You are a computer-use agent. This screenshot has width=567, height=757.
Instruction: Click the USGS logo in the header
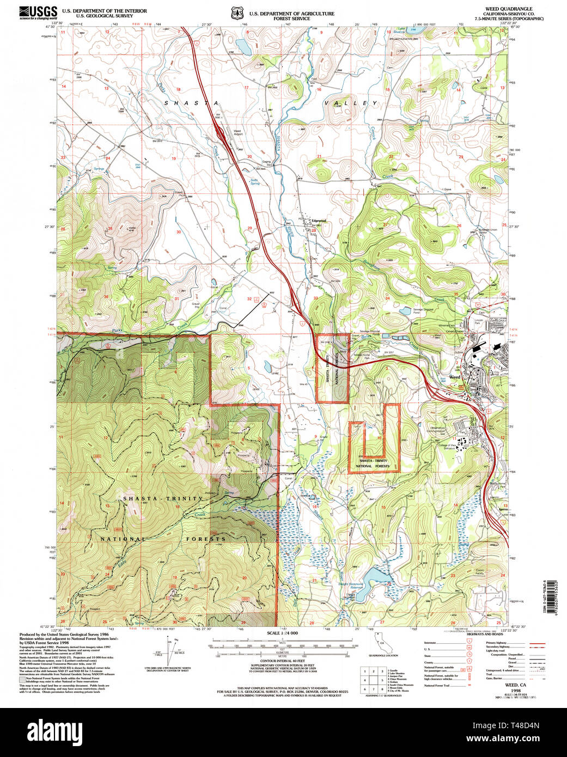(38, 13)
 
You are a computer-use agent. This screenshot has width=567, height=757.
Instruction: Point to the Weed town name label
(454, 377)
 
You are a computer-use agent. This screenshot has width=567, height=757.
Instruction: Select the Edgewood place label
(318, 221)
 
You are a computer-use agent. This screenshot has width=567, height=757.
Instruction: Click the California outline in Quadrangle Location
(381, 645)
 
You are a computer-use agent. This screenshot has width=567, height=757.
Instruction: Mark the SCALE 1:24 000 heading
(283, 633)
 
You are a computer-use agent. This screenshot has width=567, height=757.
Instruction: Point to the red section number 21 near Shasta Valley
(319, 157)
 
